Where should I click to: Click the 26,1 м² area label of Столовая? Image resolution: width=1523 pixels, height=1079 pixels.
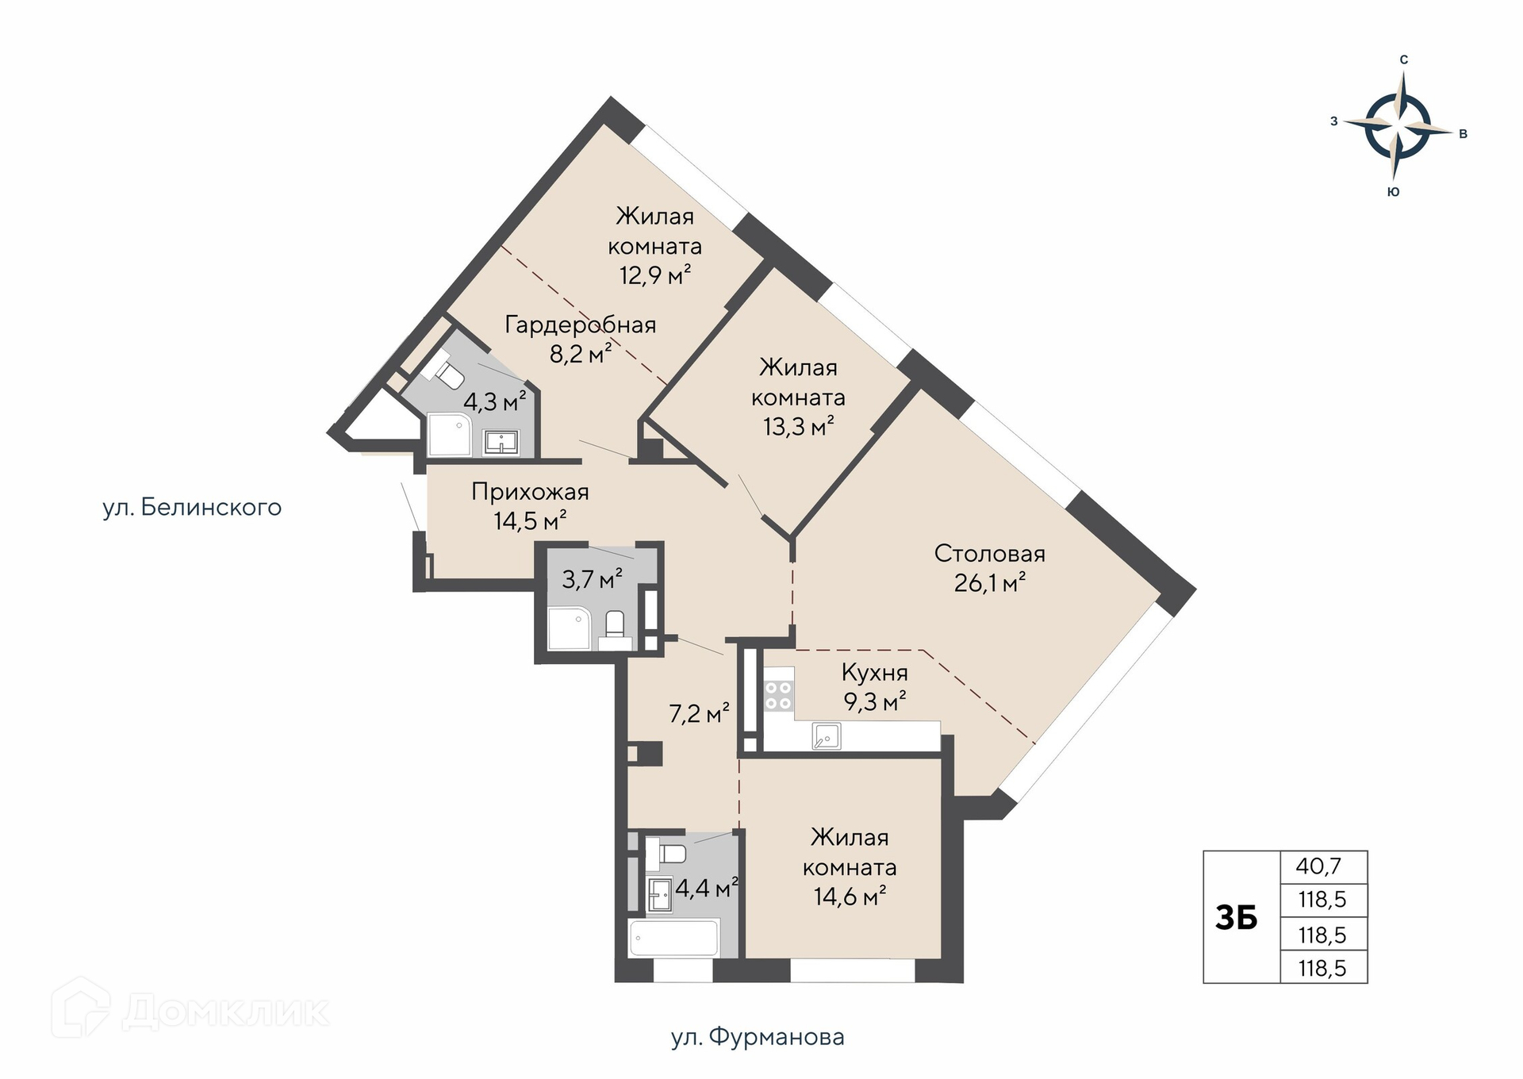[x=990, y=583]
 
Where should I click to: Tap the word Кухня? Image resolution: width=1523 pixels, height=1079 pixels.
[x=875, y=673]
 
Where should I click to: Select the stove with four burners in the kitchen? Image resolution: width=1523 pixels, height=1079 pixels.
[x=779, y=696]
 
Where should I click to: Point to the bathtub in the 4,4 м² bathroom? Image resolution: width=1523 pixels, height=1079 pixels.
[x=674, y=938]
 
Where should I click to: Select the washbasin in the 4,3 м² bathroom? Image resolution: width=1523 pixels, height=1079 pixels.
[x=501, y=442]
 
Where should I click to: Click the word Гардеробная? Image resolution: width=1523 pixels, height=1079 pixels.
[x=581, y=325]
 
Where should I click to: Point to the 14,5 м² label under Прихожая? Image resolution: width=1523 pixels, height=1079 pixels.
[x=530, y=521]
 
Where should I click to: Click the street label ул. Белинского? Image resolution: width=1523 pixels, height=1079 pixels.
[x=192, y=508]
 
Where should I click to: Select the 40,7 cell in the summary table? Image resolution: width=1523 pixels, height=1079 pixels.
[x=1324, y=866]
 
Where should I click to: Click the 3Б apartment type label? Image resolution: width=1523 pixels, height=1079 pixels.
[x=1237, y=918]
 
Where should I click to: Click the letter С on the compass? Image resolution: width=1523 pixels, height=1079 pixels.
[x=1404, y=60]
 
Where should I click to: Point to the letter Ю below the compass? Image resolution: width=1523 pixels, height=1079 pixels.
[x=1394, y=192]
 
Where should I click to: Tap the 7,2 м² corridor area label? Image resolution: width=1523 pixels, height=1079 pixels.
[x=699, y=714]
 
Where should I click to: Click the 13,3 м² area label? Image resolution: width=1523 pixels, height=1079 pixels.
[x=798, y=427]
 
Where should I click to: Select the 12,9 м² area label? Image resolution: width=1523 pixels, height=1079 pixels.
[x=655, y=275]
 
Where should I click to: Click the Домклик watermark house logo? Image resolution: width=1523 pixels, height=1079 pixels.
[x=80, y=1008]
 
